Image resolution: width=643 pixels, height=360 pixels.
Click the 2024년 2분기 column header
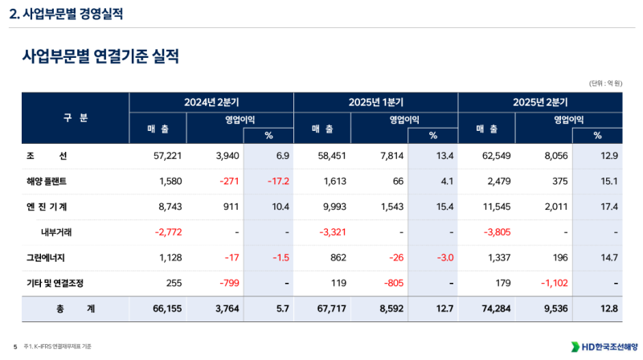[x=211, y=103]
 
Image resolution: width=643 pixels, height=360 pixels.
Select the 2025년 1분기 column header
[x=375, y=103]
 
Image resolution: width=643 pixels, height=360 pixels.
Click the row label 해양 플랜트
[x=50, y=182]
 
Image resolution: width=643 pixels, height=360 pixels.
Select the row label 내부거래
[x=57, y=233]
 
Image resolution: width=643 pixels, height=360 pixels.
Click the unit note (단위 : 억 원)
[x=606, y=83]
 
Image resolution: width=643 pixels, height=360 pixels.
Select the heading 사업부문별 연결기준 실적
[x=100, y=57]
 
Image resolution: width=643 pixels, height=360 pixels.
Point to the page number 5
[x=14, y=346]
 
